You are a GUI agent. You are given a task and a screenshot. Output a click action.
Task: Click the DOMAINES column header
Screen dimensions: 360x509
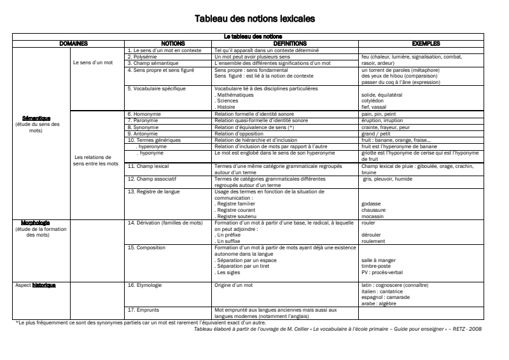coord(73,44)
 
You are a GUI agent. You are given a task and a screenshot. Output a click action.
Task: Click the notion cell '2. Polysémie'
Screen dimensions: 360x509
coord(143,56)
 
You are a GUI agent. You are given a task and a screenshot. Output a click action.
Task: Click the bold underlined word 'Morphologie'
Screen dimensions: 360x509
coord(36,223)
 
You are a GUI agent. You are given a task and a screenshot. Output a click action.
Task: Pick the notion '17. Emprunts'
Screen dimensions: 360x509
coord(143,310)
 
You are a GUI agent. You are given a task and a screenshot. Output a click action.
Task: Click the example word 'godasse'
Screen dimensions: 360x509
coord(370,204)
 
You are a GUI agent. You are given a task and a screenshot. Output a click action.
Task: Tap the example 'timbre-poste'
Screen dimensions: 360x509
coord(375,266)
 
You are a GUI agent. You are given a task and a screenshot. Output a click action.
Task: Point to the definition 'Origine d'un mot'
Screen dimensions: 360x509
coord(234,286)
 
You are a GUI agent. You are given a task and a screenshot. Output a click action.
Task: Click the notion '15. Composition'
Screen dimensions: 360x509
coord(146,247)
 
